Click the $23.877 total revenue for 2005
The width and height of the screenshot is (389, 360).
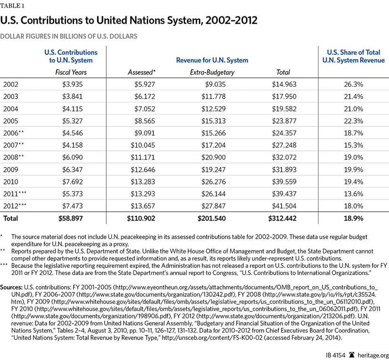pyautogui.click(x=283, y=121)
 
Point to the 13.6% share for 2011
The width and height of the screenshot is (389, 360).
pyautogui.click(x=354, y=194)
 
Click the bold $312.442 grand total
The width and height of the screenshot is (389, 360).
pyautogui.click(x=281, y=218)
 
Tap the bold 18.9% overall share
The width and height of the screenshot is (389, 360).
pyautogui.click(x=354, y=218)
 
